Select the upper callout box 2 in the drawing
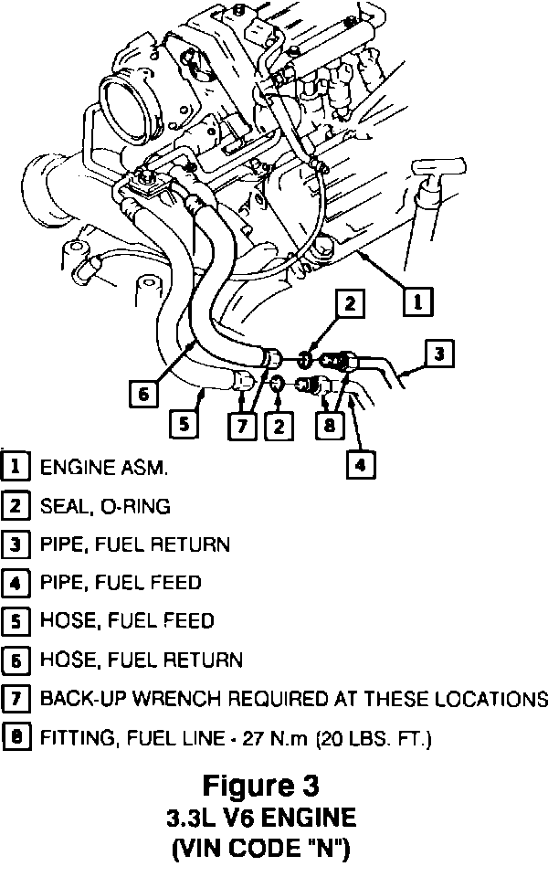click(350, 304)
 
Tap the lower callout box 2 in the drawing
click(279, 426)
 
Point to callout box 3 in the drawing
click(439, 353)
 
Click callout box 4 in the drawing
click(361, 465)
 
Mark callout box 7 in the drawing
click(241, 426)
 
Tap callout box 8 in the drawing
click(326, 426)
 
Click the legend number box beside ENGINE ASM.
click(16, 467)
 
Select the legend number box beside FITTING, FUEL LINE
click(16, 736)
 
